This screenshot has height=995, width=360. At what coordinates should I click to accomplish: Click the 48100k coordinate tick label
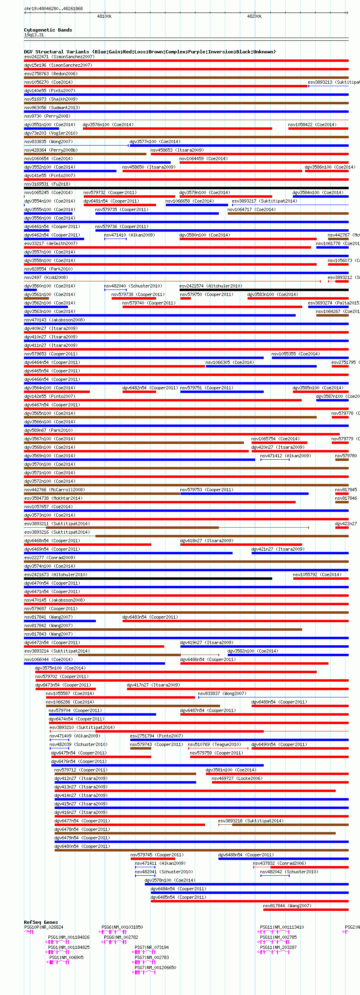[x=104, y=16]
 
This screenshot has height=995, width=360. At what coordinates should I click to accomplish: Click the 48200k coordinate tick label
[x=254, y=16]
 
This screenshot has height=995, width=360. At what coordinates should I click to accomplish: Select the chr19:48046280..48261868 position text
[x=53, y=8]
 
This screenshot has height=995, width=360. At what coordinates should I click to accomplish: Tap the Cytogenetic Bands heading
[x=48, y=30]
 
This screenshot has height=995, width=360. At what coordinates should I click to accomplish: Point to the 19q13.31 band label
[x=34, y=35]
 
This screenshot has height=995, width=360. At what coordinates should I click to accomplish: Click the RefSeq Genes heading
[x=41, y=922]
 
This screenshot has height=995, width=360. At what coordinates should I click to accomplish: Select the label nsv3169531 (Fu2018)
[x=47, y=184]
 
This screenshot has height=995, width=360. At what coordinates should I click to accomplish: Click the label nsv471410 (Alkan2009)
[x=129, y=235]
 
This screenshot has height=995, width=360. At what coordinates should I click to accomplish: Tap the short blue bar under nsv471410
[x=115, y=239]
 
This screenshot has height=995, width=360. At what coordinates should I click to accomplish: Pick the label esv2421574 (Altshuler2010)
[x=211, y=286]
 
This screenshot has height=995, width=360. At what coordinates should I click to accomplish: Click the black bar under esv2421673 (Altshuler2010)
[x=148, y=579]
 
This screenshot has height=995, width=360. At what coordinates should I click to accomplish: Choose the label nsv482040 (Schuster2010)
[x=133, y=286]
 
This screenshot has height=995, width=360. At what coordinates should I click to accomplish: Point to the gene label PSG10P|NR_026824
[x=44, y=927]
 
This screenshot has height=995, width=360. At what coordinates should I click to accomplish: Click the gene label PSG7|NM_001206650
[x=155, y=968]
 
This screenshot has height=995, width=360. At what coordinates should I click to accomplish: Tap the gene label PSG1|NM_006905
[x=66, y=957]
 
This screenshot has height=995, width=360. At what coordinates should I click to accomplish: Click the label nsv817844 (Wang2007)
[x=287, y=906]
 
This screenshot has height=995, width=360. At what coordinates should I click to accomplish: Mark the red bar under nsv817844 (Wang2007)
[x=305, y=910]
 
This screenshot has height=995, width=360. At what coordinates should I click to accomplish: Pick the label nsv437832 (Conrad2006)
[x=280, y=863]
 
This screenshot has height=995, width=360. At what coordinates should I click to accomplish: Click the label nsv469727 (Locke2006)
[x=237, y=778]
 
